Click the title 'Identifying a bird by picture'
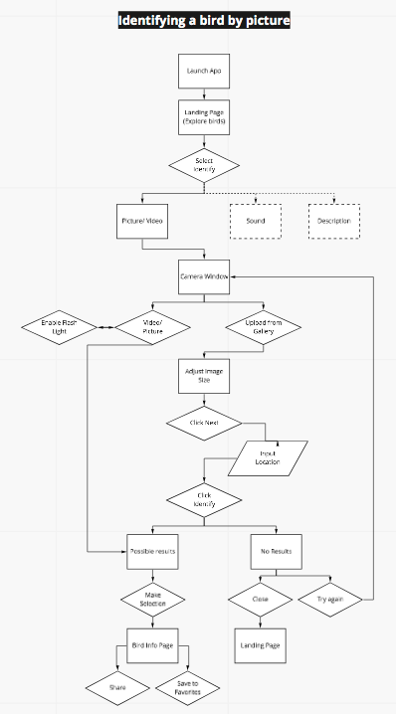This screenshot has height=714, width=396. (204, 21)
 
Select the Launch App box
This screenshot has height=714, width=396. (204, 73)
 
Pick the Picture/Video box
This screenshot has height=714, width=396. (140, 221)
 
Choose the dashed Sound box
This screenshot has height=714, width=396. (255, 221)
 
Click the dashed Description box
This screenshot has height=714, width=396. (334, 221)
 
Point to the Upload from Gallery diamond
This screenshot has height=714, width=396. (264, 326)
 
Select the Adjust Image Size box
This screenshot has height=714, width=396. (204, 376)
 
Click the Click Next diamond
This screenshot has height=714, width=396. (204, 423)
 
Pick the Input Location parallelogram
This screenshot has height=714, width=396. (268, 457)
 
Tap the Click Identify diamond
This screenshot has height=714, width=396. (204, 500)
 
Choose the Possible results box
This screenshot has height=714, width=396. (152, 550)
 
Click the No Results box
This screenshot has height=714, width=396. (276, 550)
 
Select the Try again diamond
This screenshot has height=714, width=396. (334, 601)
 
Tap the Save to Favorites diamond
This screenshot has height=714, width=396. (187, 687)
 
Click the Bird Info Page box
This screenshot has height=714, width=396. (152, 644)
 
